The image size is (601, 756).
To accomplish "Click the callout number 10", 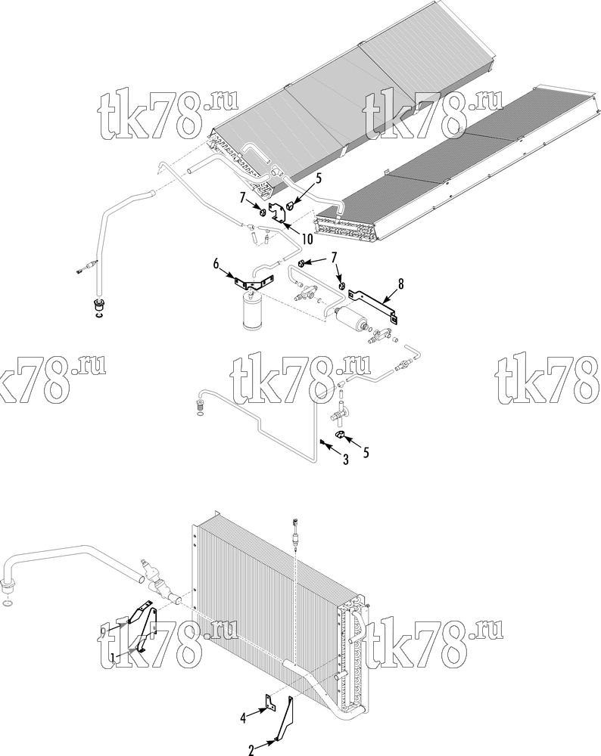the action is click(307, 239).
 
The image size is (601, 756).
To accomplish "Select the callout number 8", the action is click(400, 284).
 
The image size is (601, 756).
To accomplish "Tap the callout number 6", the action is click(216, 264).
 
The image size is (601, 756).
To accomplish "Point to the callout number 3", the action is click(346, 460).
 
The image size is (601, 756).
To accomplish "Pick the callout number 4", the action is click(243, 718).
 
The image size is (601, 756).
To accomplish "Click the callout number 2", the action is click(251, 750).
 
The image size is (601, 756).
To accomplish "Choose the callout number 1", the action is click(113, 657).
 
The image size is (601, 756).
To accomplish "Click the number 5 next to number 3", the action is click(366, 452).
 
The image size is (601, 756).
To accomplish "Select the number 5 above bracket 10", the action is click(318, 179).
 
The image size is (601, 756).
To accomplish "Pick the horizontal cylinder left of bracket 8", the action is click(348, 319).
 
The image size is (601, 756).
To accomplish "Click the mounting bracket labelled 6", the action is click(254, 282).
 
